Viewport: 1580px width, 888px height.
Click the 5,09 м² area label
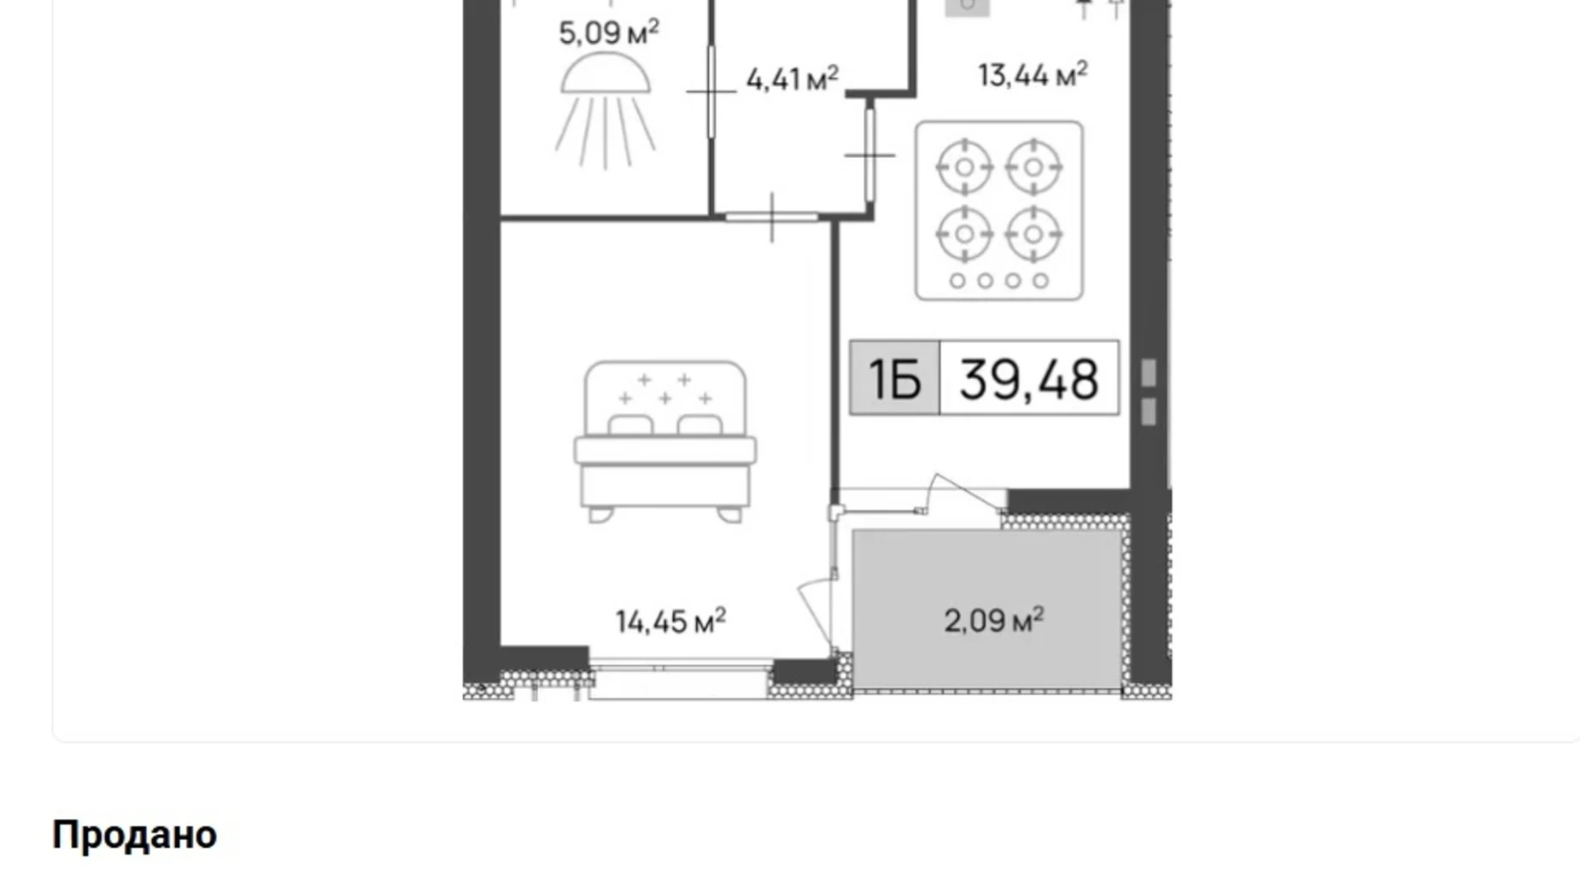coord(609,33)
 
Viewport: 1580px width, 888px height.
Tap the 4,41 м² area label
coord(793,79)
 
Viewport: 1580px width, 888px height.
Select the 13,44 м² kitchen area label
coord(1033,75)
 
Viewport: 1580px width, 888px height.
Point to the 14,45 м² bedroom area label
coord(671,622)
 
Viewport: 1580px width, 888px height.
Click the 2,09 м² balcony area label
coord(994,620)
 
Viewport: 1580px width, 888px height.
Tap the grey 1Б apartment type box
coord(895,378)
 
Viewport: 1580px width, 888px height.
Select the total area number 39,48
coord(1029,379)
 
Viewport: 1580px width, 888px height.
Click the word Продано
coord(135,834)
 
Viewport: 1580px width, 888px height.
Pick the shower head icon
coord(606,110)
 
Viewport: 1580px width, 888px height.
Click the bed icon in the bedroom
coord(665,441)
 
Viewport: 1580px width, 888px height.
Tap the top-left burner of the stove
coord(964,166)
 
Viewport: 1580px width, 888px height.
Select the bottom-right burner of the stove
coord(1033,234)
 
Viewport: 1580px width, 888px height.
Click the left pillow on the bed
coord(630,424)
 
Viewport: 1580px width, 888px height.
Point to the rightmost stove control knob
coord(1040,280)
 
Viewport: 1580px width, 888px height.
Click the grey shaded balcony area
coord(987,608)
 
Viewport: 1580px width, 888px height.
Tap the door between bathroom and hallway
coord(711,91)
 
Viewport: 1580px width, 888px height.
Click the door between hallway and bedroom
coord(772,218)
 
